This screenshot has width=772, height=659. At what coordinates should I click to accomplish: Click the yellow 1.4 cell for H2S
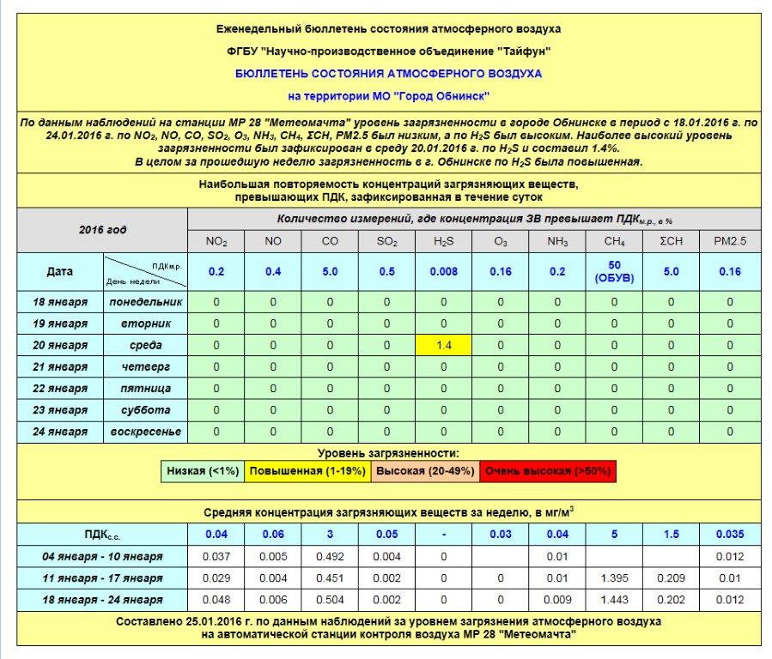pos(443,345)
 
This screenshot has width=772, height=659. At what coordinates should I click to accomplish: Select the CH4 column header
pos(614,242)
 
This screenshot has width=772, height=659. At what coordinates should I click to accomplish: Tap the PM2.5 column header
pos(730,242)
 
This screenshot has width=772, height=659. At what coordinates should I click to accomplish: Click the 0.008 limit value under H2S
pos(443,272)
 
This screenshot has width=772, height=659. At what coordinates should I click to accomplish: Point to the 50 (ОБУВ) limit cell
pos(614,272)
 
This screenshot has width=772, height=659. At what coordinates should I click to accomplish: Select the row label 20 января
pos(60,345)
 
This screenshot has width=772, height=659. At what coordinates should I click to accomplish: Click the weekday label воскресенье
pos(145,432)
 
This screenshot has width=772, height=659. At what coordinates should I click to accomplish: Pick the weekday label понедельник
pos(145,302)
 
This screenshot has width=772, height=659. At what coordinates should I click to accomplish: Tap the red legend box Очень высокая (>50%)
pos(549,471)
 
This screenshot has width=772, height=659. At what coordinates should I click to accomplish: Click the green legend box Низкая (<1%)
pos(204,471)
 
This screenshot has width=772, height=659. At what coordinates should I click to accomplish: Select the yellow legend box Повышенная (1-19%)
pos(307,471)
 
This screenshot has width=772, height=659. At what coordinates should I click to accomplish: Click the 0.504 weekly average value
pos(330,600)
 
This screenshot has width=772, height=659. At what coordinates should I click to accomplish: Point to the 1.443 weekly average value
pos(614,600)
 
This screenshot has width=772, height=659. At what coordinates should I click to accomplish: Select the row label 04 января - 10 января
pos(102,557)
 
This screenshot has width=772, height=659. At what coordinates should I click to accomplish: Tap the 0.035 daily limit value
pos(730,535)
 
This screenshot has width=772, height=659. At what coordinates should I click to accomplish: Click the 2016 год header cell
pos(102,230)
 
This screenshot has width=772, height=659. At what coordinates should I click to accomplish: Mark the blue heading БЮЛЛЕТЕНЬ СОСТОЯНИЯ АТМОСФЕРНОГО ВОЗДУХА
pos(388,74)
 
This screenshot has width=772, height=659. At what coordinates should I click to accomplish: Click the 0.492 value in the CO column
pos(330,557)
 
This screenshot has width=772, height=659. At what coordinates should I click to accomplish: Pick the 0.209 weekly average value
pos(672,578)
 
